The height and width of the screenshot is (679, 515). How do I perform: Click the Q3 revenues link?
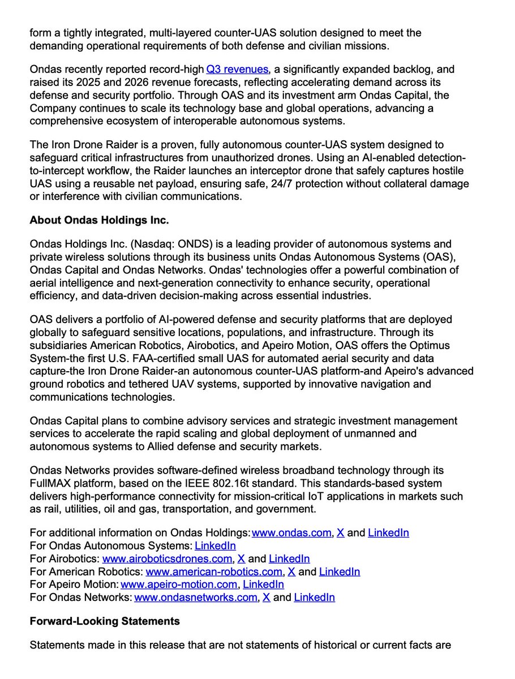click(x=237, y=70)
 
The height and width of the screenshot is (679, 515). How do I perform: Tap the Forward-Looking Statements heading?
click(x=105, y=621)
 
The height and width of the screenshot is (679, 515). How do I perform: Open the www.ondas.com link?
click(x=291, y=533)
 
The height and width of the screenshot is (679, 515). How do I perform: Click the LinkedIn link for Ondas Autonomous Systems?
click(x=215, y=546)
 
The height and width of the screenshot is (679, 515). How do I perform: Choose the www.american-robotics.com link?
click(x=214, y=571)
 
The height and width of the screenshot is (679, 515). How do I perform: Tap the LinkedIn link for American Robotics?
click(x=340, y=571)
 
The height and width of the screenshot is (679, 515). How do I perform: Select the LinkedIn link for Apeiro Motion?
click(x=263, y=585)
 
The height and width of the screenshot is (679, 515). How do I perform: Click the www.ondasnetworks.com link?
click(x=195, y=598)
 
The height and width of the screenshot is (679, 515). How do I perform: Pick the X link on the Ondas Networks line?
click(x=266, y=598)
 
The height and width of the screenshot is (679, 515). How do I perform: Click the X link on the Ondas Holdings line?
click(x=341, y=533)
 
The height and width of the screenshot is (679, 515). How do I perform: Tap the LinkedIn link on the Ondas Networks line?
click(x=314, y=598)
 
